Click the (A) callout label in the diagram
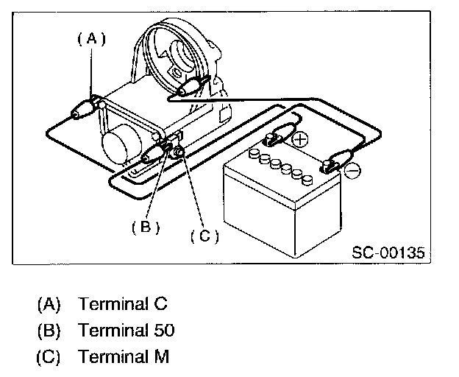point(91,39)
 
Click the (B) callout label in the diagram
point(146,227)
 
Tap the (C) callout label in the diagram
point(204,236)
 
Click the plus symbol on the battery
point(300,138)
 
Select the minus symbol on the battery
point(352,170)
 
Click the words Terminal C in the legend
point(123,303)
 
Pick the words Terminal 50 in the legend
point(127,330)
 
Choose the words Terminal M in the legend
point(124,357)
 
